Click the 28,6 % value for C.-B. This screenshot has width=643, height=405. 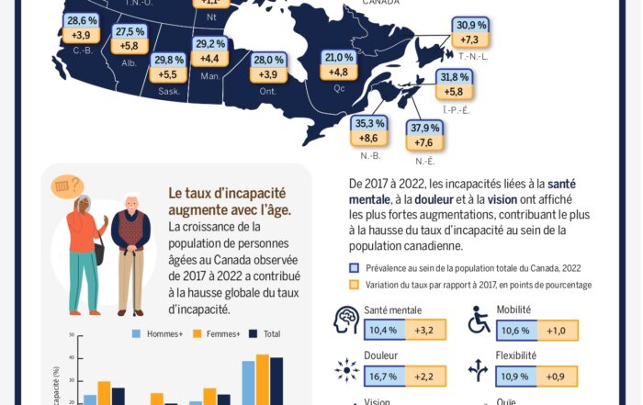point(82,20)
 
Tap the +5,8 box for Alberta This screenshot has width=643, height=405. point(129,45)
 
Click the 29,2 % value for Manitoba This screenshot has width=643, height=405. point(210,43)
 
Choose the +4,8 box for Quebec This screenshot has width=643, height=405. point(338,72)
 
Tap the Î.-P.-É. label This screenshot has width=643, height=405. point(456,109)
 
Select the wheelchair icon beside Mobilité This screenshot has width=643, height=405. point(479,320)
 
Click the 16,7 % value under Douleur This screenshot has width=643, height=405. point(382,376)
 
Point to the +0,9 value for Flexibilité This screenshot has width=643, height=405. point(557,376)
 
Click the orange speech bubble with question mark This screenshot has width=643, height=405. point(66,186)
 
